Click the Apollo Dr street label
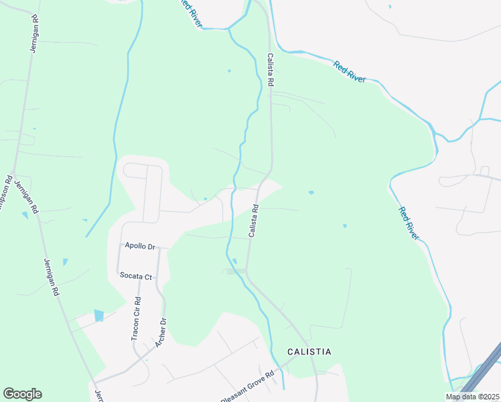[x=139, y=247]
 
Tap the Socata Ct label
[x=137, y=275]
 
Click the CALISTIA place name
[x=309, y=351]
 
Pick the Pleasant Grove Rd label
[x=248, y=387]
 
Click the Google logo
[x=22, y=394]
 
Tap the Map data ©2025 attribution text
[x=472, y=397]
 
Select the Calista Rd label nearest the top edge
[x=271, y=70]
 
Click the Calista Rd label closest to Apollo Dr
[x=254, y=220]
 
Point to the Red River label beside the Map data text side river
[x=409, y=223]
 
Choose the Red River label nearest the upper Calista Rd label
[x=350, y=71]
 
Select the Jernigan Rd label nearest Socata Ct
[x=51, y=277]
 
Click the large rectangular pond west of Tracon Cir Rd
[x=99, y=315]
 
